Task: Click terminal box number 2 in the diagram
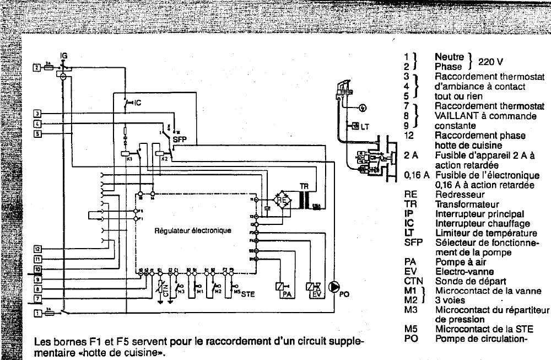pyautogui.click(x=36, y=67)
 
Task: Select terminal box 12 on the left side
pyautogui.click(x=37, y=249)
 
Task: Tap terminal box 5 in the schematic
pyautogui.click(x=37, y=133)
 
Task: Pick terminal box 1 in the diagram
pyautogui.click(x=37, y=313)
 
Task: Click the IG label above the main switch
pyautogui.click(x=64, y=56)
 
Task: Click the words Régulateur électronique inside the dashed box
pyautogui.click(x=192, y=230)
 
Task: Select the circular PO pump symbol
pyautogui.click(x=334, y=287)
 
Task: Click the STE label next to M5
pyautogui.click(x=248, y=294)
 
